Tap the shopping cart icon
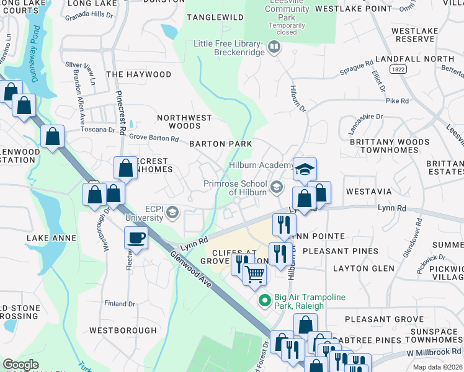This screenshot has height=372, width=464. click(254, 273)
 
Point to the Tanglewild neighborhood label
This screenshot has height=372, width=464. click(215, 17)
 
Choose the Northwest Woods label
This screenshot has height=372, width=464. click(184, 122)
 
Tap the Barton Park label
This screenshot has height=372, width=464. click(220, 144)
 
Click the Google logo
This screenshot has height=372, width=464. click(20, 365)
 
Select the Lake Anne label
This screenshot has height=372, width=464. click(51, 238)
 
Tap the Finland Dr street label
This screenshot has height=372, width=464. click(120, 304)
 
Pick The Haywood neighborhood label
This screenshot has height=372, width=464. click(138, 74)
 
